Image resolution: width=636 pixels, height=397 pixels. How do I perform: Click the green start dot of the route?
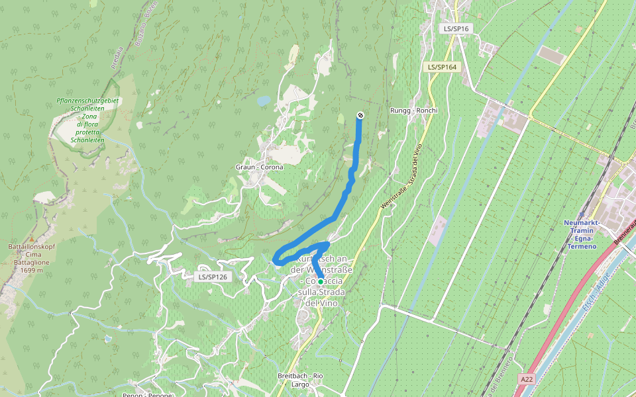click(321, 281)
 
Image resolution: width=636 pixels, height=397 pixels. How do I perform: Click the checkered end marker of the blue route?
click(360, 115)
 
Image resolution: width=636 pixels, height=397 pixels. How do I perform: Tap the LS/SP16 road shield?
click(456, 28)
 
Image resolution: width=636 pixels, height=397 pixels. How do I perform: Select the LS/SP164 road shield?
click(442, 67)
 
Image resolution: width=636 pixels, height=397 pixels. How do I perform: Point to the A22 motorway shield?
click(527, 379)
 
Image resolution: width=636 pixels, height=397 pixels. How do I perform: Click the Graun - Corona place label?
click(259, 167)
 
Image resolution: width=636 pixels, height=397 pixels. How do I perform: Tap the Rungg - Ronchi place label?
click(414, 110)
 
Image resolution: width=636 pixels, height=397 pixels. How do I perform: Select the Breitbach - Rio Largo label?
click(300, 380)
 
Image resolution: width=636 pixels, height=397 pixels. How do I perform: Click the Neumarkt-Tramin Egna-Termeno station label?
click(582, 234)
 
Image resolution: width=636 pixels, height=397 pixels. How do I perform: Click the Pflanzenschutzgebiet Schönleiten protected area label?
click(86, 120)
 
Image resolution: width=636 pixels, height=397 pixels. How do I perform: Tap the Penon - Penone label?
click(148, 394)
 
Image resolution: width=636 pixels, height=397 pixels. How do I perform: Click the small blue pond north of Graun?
click(264, 101)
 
